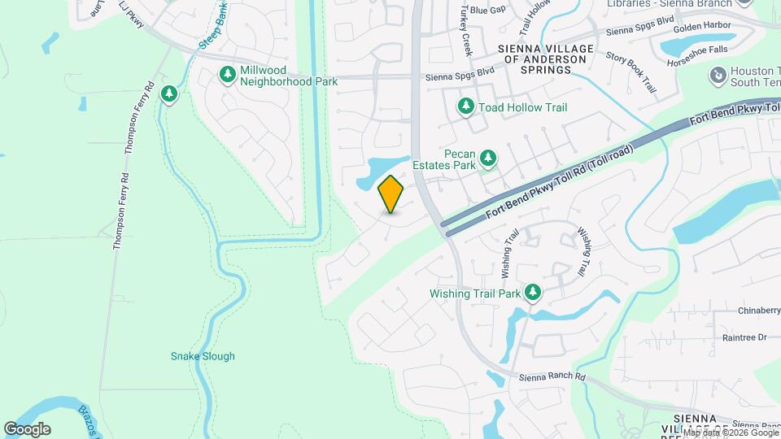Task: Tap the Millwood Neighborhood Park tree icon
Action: point(228,75)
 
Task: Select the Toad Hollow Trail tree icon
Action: point(465,106)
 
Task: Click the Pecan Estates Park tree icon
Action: point(487,157)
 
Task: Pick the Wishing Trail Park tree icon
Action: point(533,292)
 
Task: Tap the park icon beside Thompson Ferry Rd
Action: point(169,94)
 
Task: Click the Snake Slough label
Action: point(203,356)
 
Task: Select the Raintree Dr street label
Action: point(744,337)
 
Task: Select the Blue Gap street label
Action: point(487,10)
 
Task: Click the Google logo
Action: point(27,429)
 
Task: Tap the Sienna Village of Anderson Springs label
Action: point(546,59)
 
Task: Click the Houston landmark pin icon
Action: point(718,76)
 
